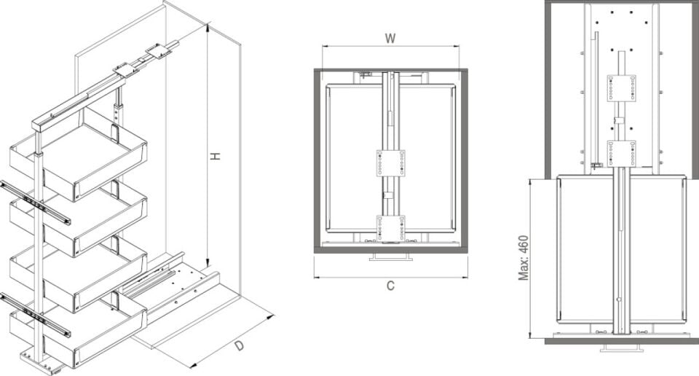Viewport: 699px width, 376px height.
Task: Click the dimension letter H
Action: pos(216,156)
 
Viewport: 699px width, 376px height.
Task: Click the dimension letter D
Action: pos(240,345)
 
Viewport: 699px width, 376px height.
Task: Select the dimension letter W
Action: pos(390,39)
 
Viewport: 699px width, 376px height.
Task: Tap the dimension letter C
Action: pos(390,286)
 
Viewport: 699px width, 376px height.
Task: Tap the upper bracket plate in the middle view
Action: pos(390,163)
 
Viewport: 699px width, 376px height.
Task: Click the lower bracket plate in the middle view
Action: pos(390,227)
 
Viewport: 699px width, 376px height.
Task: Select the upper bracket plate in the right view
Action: pos(621,88)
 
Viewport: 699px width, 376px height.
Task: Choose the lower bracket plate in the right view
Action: pos(621,153)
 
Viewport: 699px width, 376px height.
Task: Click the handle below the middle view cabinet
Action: pos(390,257)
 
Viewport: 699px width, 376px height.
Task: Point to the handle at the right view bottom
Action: pos(621,348)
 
